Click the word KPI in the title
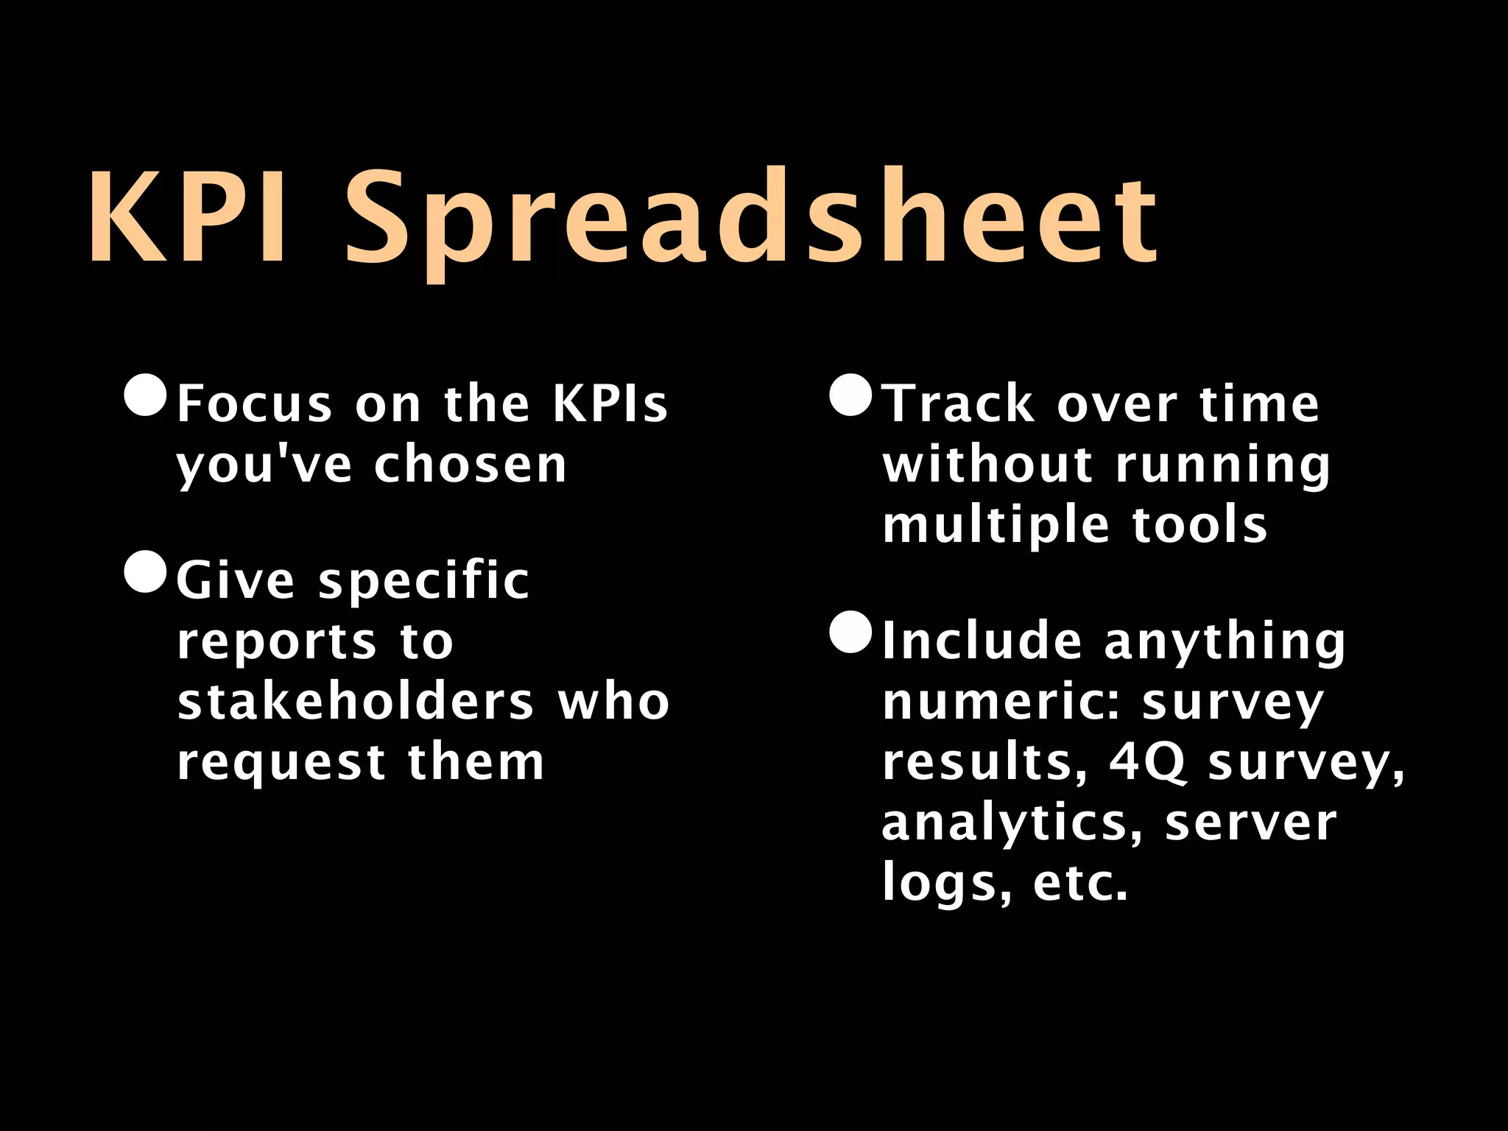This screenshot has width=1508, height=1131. tap(188, 216)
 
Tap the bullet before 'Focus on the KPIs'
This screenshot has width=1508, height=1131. tap(145, 396)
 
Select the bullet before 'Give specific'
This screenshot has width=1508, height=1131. tap(145, 571)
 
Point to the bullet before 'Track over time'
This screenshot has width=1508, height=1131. tap(850, 396)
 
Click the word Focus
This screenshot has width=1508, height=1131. tap(255, 404)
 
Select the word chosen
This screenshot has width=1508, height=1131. tap(471, 465)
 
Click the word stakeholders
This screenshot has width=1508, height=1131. tap(356, 701)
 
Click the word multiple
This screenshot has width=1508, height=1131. tap(994, 526)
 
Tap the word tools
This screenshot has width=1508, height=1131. tap(1199, 525)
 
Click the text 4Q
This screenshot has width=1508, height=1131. tap(1148, 762)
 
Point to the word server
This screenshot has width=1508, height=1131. tap(1250, 823)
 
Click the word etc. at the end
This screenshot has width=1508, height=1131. tap(1080, 882)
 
